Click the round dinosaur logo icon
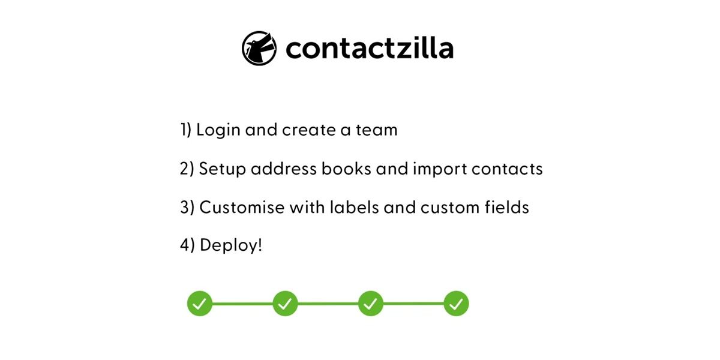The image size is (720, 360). (x=259, y=48)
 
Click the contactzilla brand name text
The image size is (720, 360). (x=369, y=48)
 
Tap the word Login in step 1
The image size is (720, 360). (x=218, y=130)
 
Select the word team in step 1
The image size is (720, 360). (x=376, y=130)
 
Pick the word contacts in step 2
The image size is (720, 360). (x=507, y=169)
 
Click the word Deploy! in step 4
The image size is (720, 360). (x=231, y=245)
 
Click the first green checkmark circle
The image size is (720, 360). (x=200, y=304)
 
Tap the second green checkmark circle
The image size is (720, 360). (x=285, y=304)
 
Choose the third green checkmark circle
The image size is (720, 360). (x=371, y=304)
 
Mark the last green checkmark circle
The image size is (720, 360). (x=456, y=304)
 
